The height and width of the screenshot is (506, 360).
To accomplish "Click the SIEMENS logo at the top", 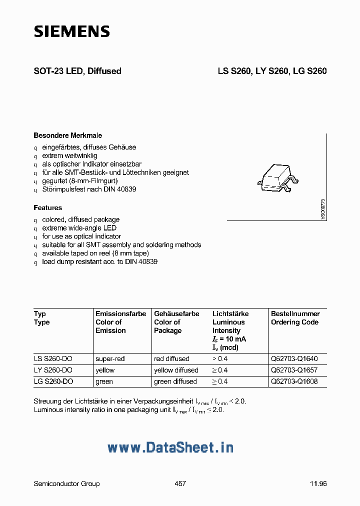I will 71,31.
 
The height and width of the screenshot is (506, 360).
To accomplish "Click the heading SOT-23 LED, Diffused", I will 77,71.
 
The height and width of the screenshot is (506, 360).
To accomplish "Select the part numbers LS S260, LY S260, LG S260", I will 271,71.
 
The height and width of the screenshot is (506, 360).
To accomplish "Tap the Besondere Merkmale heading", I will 67,135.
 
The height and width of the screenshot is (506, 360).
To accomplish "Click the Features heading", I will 48,207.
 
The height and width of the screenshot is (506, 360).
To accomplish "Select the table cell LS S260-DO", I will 53,358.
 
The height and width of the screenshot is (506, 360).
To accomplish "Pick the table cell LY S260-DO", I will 53,370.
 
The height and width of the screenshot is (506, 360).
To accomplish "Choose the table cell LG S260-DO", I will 53,381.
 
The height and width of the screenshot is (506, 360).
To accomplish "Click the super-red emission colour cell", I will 110,358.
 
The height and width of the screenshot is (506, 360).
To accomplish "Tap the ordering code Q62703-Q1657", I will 294,370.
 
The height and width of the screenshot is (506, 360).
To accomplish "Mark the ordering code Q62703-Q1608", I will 294,381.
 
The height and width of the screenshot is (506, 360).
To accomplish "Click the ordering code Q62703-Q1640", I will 294,358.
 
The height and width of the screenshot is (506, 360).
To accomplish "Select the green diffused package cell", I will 175,381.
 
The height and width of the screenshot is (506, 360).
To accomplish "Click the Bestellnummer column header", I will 295,313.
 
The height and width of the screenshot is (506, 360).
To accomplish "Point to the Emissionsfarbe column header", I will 120,313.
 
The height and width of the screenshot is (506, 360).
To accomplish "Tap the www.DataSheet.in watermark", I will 170,447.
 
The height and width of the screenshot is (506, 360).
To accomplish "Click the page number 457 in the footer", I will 180,483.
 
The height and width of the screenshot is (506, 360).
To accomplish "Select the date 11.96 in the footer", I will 318,483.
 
